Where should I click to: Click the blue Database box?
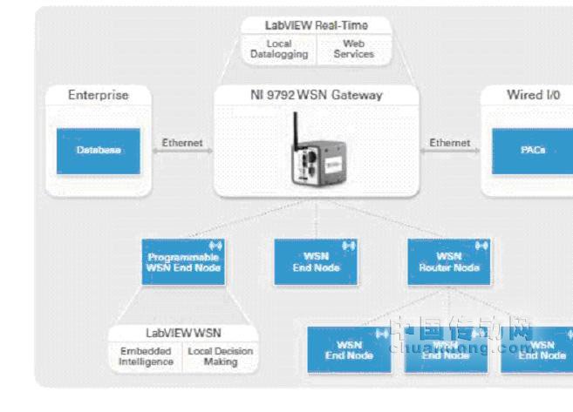click(98, 150)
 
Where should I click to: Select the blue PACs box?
click(532, 150)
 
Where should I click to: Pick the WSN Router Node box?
click(449, 262)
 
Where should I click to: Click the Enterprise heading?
click(98, 95)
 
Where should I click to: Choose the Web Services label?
click(353, 49)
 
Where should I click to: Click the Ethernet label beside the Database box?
click(182, 142)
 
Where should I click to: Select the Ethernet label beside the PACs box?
click(450, 142)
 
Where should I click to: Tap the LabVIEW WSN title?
click(183, 333)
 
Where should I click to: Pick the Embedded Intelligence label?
click(147, 356)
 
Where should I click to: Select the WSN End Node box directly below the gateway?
click(316, 262)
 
